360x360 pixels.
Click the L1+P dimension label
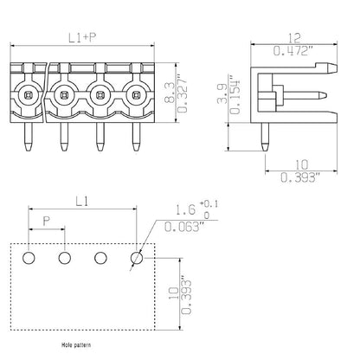point(81,38)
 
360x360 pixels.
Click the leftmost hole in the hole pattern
point(29,257)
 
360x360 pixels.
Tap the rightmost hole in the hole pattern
point(136,257)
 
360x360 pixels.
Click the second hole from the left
point(64,257)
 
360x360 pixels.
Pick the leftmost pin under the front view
point(25,133)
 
